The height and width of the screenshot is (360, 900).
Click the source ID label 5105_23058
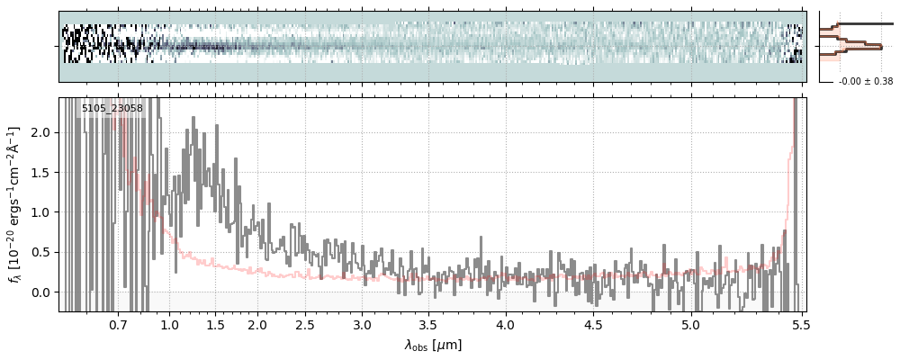[112, 109]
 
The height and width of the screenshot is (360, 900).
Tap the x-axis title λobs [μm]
[432, 344]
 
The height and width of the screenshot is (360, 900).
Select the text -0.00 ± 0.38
[865, 82]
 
